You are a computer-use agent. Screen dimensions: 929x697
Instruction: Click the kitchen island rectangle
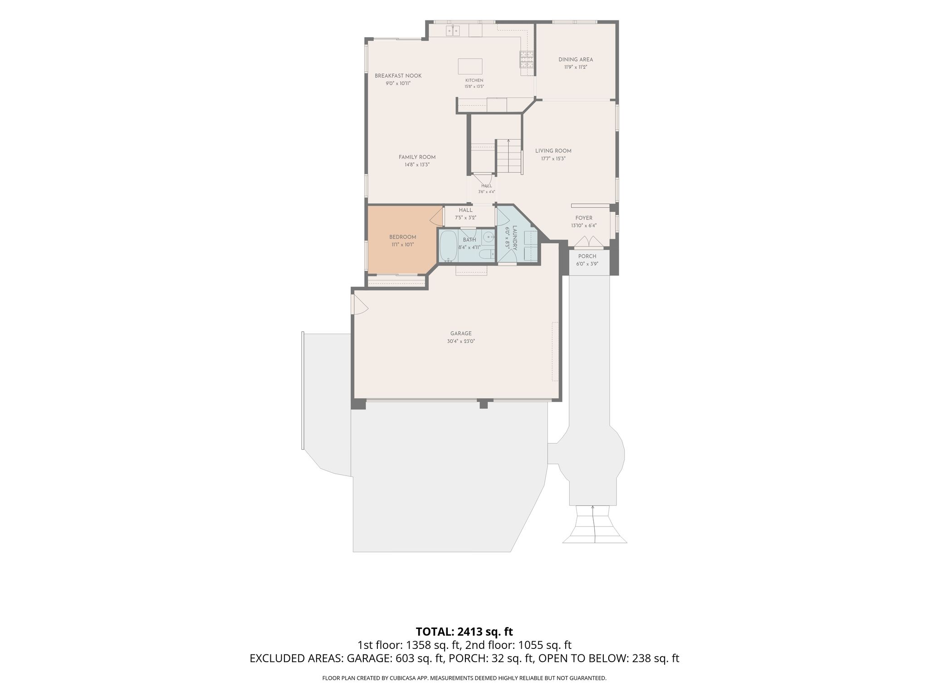(470, 66)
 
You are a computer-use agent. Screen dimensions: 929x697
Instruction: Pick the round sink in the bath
(488, 236)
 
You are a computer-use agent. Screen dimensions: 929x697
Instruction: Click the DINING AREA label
(576, 59)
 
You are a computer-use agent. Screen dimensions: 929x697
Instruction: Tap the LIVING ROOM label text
(553, 151)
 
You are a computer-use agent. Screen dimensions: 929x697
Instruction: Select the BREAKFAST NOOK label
(398, 76)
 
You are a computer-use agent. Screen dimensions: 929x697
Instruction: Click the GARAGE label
(461, 333)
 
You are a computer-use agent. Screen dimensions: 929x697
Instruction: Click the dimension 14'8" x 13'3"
(417, 165)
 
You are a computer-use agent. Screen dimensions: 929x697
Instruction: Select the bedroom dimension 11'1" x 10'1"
(402, 245)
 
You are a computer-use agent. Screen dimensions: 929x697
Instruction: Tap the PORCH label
(587, 256)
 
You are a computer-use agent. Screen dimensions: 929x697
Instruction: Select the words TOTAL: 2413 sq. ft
(464, 631)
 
